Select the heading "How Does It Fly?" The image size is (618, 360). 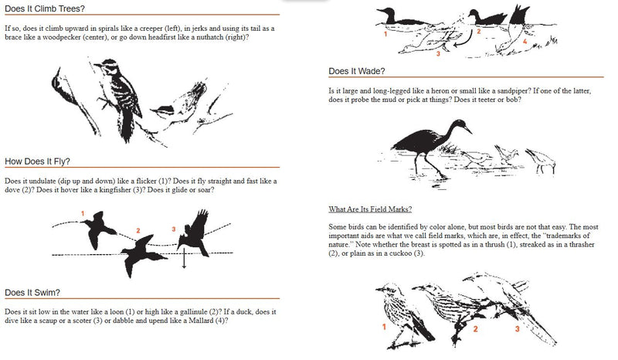pos(38,161)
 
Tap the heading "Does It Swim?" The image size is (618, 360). pos(33,293)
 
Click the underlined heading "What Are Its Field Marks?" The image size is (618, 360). pos(370,209)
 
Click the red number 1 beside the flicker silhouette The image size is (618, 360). pos(83,212)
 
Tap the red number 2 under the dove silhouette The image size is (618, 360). pos(138,230)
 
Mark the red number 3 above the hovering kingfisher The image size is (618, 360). pos(174,228)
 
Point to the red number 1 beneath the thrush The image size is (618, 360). pos(384,327)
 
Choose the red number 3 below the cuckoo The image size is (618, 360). pos(518,329)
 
